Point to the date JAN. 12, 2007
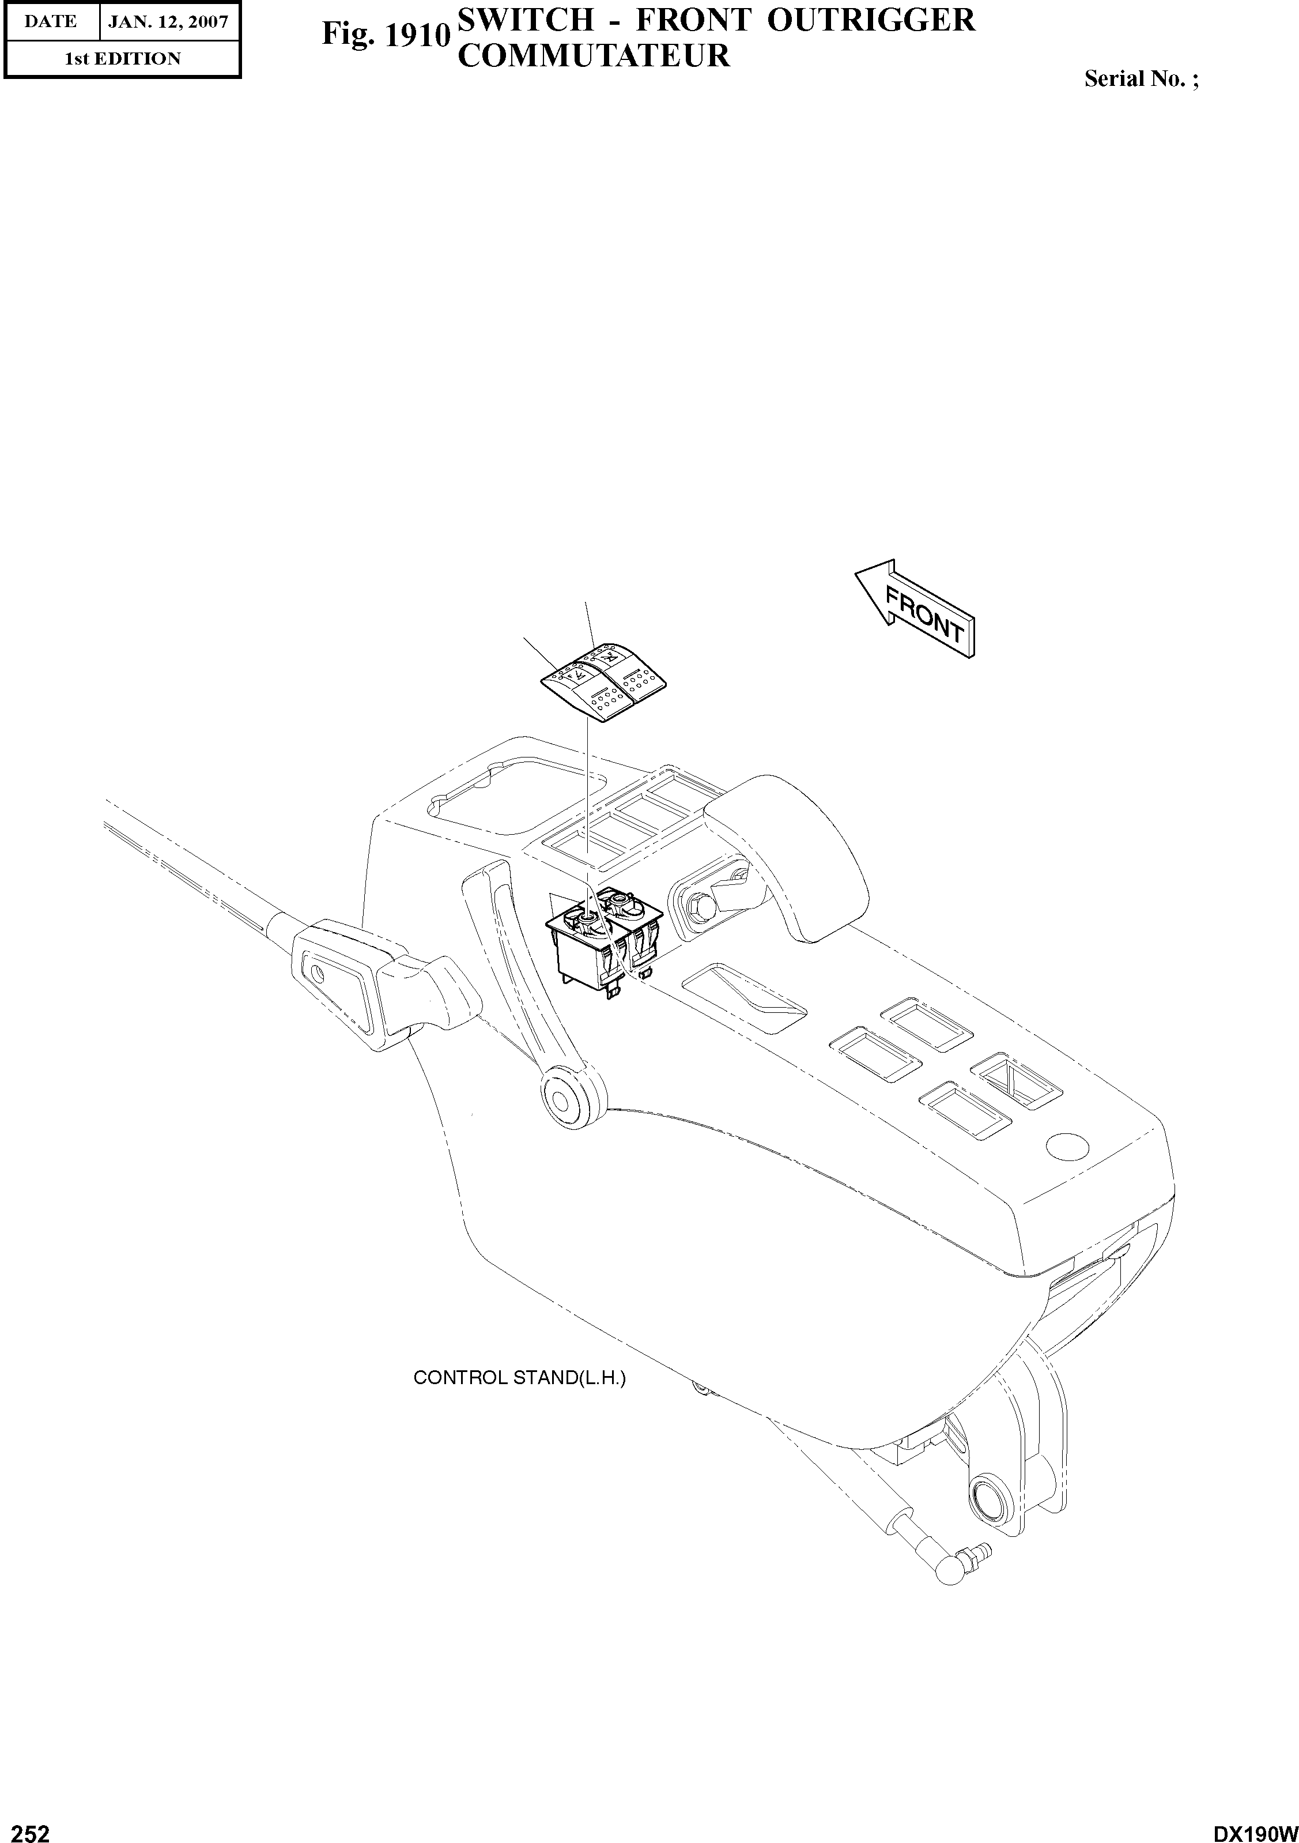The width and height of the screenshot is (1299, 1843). pyautogui.click(x=168, y=22)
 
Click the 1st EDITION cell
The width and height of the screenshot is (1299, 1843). pyautogui.click(x=122, y=59)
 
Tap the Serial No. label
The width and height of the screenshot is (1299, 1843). pyautogui.click(x=1140, y=78)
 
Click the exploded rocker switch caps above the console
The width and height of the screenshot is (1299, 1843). pyautogui.click(x=604, y=679)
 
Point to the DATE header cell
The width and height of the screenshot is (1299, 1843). pyautogui.click(x=51, y=22)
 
